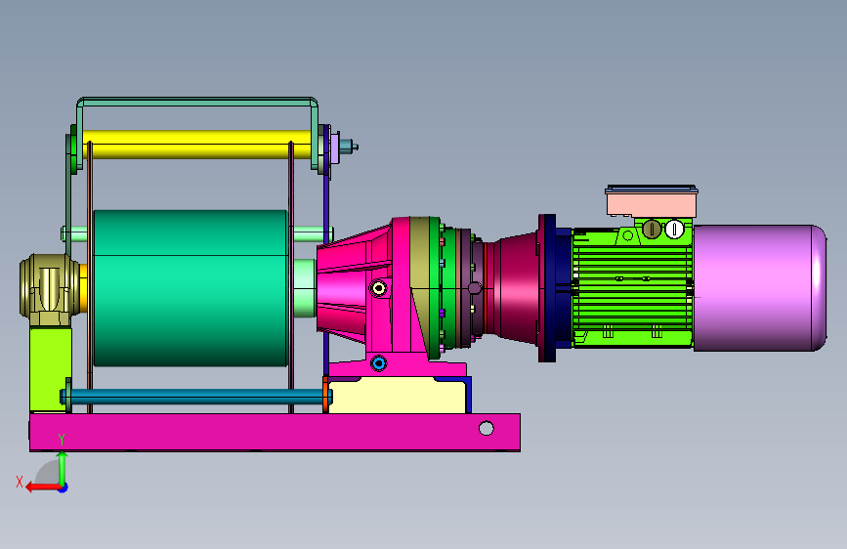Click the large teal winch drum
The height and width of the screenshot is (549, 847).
pyautogui.click(x=191, y=288)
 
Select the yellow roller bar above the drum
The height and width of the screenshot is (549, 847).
pyautogui.click(x=197, y=145)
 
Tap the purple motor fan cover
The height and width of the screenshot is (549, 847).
pyautogui.click(x=759, y=288)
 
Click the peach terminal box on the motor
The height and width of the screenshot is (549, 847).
pyautogui.click(x=652, y=201)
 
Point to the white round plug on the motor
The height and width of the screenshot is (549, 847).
pyautogui.click(x=674, y=230)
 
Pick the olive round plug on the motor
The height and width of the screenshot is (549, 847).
pyautogui.click(x=652, y=230)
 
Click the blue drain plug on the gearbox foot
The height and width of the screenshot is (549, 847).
pyautogui.click(x=379, y=363)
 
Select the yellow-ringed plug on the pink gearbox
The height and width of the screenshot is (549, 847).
pyautogui.click(x=379, y=288)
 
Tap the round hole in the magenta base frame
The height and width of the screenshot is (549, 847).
pyautogui.click(x=487, y=429)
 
